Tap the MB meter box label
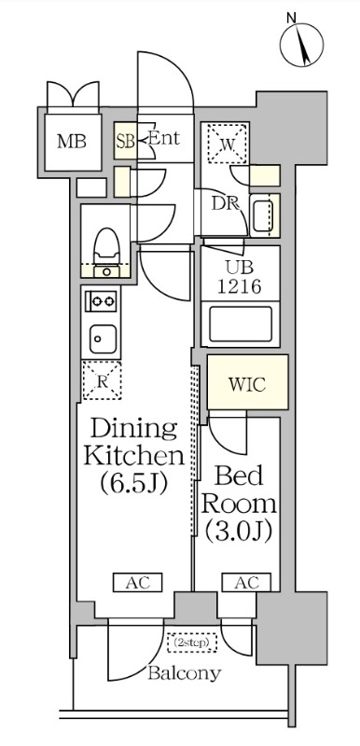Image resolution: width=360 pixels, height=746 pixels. tap(72, 143)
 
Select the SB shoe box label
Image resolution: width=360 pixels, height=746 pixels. tap(126, 141)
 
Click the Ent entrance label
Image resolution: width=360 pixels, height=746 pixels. tap(164, 140)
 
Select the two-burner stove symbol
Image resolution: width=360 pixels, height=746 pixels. tap(100, 302)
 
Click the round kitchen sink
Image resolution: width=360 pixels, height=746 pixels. tap(100, 336)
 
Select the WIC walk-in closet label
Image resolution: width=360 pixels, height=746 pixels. tap(247, 384)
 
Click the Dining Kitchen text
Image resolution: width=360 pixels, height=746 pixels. tap(132, 443)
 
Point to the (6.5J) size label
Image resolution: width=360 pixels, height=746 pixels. tap(132, 484)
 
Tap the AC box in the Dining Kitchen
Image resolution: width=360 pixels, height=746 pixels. tap(138, 583)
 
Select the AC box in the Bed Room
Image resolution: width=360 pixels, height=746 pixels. tap(245, 583)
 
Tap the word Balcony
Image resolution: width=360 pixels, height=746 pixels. tap(183, 672)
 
